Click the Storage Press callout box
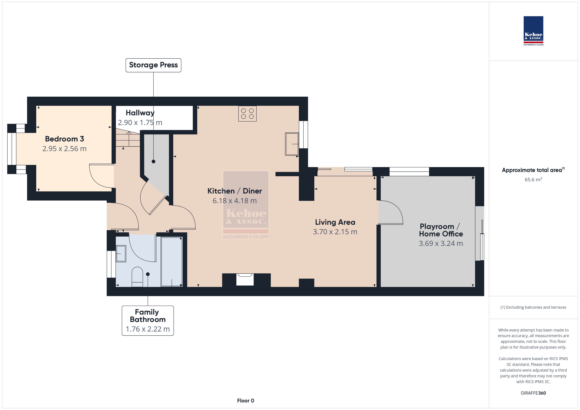(153, 65)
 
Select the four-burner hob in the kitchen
(247, 114)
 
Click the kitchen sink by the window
(292, 144)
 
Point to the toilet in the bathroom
(137, 277)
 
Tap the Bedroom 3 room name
(64, 139)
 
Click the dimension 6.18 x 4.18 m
(234, 201)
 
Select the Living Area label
(335, 222)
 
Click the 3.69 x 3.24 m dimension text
(441, 243)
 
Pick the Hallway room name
(140, 113)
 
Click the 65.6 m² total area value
(533, 180)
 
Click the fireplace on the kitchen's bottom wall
(245, 279)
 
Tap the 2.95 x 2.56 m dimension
(64, 149)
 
